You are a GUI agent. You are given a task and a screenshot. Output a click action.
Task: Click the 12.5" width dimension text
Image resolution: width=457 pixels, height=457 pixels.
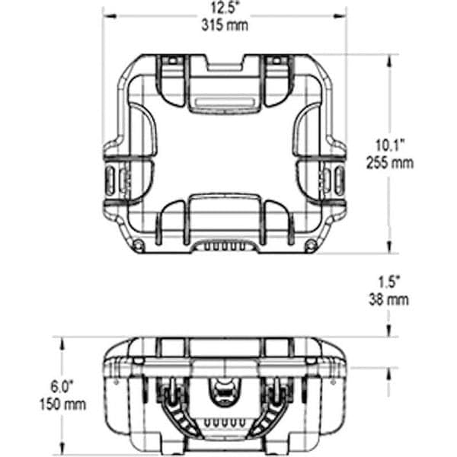tap(225, 8)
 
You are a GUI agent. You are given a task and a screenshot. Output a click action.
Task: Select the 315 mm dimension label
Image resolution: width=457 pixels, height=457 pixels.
tap(225, 25)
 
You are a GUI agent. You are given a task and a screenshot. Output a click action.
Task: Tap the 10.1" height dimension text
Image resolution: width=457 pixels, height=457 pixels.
tap(390, 145)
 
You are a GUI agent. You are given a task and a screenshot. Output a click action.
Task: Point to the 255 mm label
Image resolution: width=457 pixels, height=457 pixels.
tap(390, 163)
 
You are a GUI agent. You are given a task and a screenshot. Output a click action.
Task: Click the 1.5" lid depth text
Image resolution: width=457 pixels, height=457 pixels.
tap(388, 282)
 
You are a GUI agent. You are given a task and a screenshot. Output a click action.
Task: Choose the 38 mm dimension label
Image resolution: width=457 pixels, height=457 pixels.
tap(388, 299)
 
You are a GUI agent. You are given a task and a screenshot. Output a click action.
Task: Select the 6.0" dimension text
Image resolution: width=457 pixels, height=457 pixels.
tap(62, 386)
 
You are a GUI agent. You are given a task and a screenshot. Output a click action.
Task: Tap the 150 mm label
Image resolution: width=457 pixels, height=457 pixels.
tap(62, 404)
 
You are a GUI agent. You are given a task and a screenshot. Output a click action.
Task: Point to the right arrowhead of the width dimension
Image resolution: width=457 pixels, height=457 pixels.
tap(340, 16)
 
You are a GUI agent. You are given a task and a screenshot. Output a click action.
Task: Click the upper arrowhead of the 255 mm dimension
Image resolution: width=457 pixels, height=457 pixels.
tap(388, 62)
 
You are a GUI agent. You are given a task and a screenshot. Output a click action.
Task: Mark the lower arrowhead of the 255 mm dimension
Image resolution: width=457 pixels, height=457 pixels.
tap(388, 247)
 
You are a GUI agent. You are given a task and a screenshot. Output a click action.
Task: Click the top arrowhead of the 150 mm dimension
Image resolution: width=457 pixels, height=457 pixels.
tap(62, 344)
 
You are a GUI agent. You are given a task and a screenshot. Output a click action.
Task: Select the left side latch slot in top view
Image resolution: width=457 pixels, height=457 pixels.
tap(109, 181)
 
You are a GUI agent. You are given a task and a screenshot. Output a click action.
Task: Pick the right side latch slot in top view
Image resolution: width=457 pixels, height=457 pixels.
tap(340, 181)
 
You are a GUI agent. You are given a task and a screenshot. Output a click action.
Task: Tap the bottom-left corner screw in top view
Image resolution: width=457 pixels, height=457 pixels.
tap(139, 244)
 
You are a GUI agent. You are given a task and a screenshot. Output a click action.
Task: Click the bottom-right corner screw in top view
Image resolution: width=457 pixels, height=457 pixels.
tap(312, 244)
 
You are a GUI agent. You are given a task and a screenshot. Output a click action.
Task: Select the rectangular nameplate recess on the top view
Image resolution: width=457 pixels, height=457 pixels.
tap(225, 103)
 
